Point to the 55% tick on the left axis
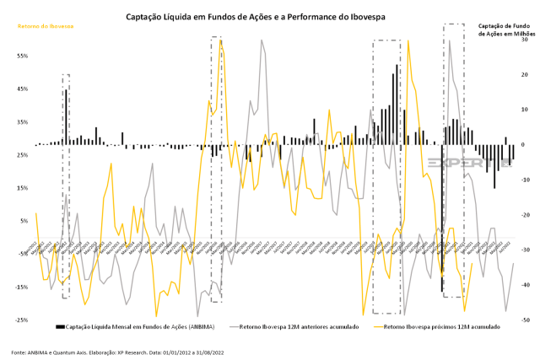(x=23, y=56)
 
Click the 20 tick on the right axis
(x=524, y=74)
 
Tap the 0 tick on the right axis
(x=524, y=144)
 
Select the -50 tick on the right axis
(x=524, y=320)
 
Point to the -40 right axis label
(x=524, y=285)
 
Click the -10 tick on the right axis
(x=524, y=180)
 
